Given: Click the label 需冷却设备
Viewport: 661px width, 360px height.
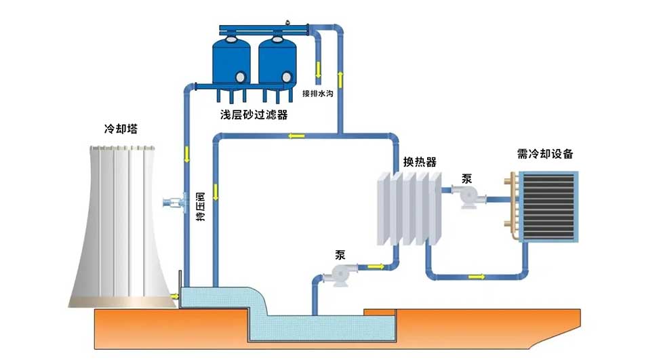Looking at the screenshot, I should [544, 154].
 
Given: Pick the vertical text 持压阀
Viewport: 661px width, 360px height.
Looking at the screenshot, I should [200, 207].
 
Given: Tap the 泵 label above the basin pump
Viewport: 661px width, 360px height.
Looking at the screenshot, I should [340, 255].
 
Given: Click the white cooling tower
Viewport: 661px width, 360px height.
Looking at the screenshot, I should [122, 224].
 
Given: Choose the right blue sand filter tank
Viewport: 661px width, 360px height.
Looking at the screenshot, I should [277, 62].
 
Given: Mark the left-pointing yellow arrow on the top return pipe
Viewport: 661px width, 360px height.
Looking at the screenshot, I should [296, 136].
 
